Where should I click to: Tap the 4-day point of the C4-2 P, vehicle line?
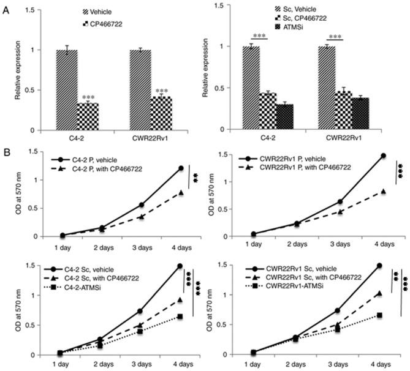point(181,168)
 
